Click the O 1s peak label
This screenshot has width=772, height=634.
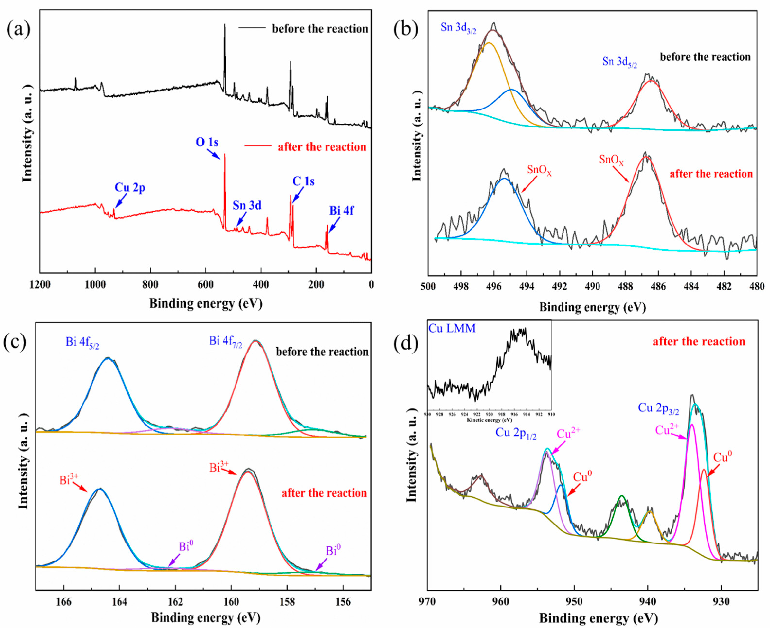(x=207, y=142)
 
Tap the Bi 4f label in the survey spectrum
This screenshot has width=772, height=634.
(x=341, y=211)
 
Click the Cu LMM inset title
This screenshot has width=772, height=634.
(x=452, y=328)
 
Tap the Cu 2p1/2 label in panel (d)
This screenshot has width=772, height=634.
(x=516, y=434)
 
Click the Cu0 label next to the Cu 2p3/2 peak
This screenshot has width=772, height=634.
(x=722, y=457)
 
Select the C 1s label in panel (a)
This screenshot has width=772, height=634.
(x=303, y=181)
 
